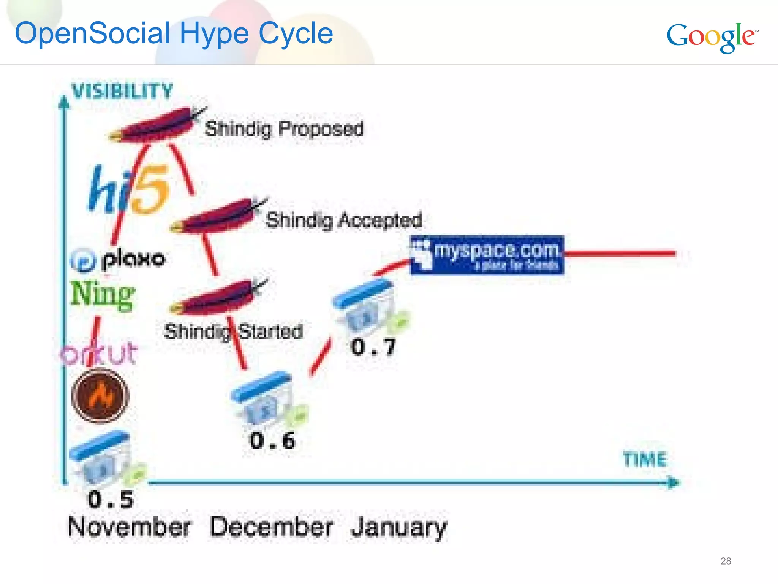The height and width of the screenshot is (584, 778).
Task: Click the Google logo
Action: tap(712, 37)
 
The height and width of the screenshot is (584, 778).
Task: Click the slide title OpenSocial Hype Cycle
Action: tap(174, 33)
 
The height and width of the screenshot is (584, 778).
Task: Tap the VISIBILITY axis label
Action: tap(122, 92)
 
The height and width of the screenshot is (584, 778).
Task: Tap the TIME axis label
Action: tap(645, 459)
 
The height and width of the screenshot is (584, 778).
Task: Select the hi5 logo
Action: tap(128, 189)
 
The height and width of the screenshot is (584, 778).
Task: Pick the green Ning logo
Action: tap(103, 295)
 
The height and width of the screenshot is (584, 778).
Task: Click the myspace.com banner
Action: tap(487, 255)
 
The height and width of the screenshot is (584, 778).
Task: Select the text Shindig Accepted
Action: tap(343, 220)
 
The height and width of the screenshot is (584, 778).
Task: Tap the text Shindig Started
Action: tap(233, 332)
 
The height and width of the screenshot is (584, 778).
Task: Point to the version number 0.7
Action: tap(373, 347)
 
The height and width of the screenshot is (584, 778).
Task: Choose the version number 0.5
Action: tap(110, 499)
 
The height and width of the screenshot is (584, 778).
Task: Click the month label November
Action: tap(129, 527)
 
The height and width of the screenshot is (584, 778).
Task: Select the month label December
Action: tap(271, 527)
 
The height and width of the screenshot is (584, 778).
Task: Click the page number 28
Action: tap(726, 561)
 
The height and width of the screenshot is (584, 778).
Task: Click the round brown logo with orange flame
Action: tap(100, 396)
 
